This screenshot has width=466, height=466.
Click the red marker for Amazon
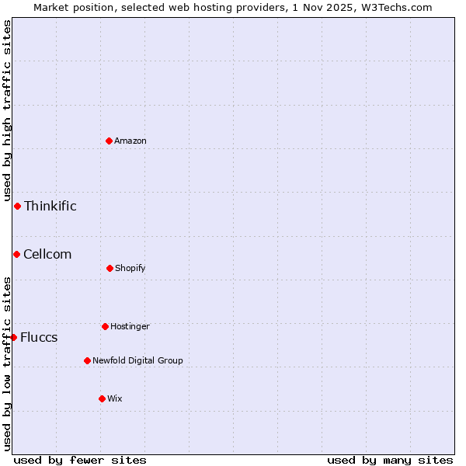110,141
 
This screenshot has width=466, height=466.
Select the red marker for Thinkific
17,206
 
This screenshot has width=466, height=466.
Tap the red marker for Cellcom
16,254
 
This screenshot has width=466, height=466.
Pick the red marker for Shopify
110,268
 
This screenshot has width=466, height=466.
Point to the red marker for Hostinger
105,326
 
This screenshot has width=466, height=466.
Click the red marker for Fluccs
13,337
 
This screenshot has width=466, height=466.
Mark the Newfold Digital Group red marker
87,360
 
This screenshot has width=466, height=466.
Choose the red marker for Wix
102,398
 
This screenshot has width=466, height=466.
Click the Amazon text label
130,141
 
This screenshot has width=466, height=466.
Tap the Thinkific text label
50,206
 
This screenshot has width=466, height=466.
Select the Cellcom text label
47,254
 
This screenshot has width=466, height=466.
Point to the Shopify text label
130,268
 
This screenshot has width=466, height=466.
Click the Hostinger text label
130,326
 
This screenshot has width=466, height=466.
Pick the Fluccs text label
39,337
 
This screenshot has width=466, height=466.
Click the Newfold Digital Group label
137,360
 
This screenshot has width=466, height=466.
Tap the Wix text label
115,398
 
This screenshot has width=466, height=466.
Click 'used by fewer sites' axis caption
80,460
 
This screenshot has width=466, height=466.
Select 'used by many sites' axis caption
390,460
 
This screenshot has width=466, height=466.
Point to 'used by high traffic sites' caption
7,110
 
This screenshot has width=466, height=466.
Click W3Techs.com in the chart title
388,7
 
